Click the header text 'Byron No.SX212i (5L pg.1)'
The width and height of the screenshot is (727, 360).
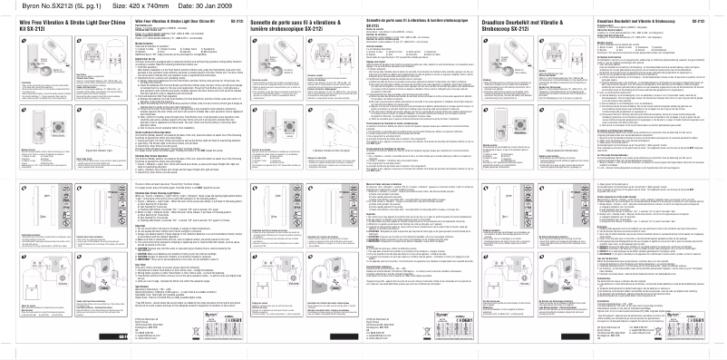(52, 5)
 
